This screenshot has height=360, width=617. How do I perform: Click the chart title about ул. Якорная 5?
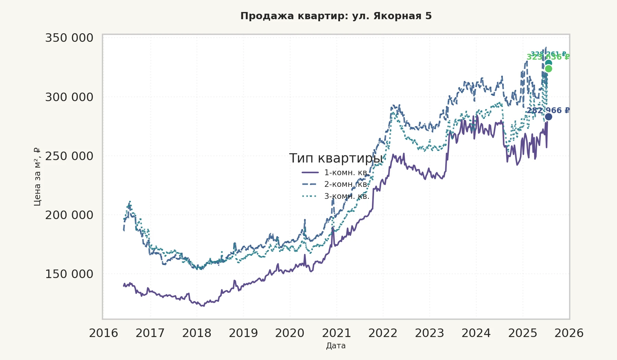point(336,16)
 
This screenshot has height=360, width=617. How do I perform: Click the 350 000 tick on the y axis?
point(69,38)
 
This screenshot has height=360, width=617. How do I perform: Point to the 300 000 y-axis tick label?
point(69,97)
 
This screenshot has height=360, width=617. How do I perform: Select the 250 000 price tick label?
point(69,156)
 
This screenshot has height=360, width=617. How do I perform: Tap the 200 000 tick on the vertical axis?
point(69,215)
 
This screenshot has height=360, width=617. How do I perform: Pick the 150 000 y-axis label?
point(69,274)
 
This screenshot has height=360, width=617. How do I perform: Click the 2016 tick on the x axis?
point(104,333)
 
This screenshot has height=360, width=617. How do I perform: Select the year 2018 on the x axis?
point(197,333)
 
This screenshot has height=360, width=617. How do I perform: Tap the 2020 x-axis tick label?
point(290,333)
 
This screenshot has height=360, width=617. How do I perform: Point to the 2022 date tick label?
point(383,333)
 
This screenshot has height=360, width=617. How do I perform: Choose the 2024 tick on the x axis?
point(476,333)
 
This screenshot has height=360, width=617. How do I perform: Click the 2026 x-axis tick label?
point(569,333)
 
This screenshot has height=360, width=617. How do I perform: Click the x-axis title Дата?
point(336,346)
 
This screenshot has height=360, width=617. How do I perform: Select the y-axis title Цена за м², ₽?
point(37,177)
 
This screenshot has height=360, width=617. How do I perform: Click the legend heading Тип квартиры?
point(336,158)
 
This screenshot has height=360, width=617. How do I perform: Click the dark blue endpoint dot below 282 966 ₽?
point(548,117)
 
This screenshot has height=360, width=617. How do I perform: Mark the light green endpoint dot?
point(548,69)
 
